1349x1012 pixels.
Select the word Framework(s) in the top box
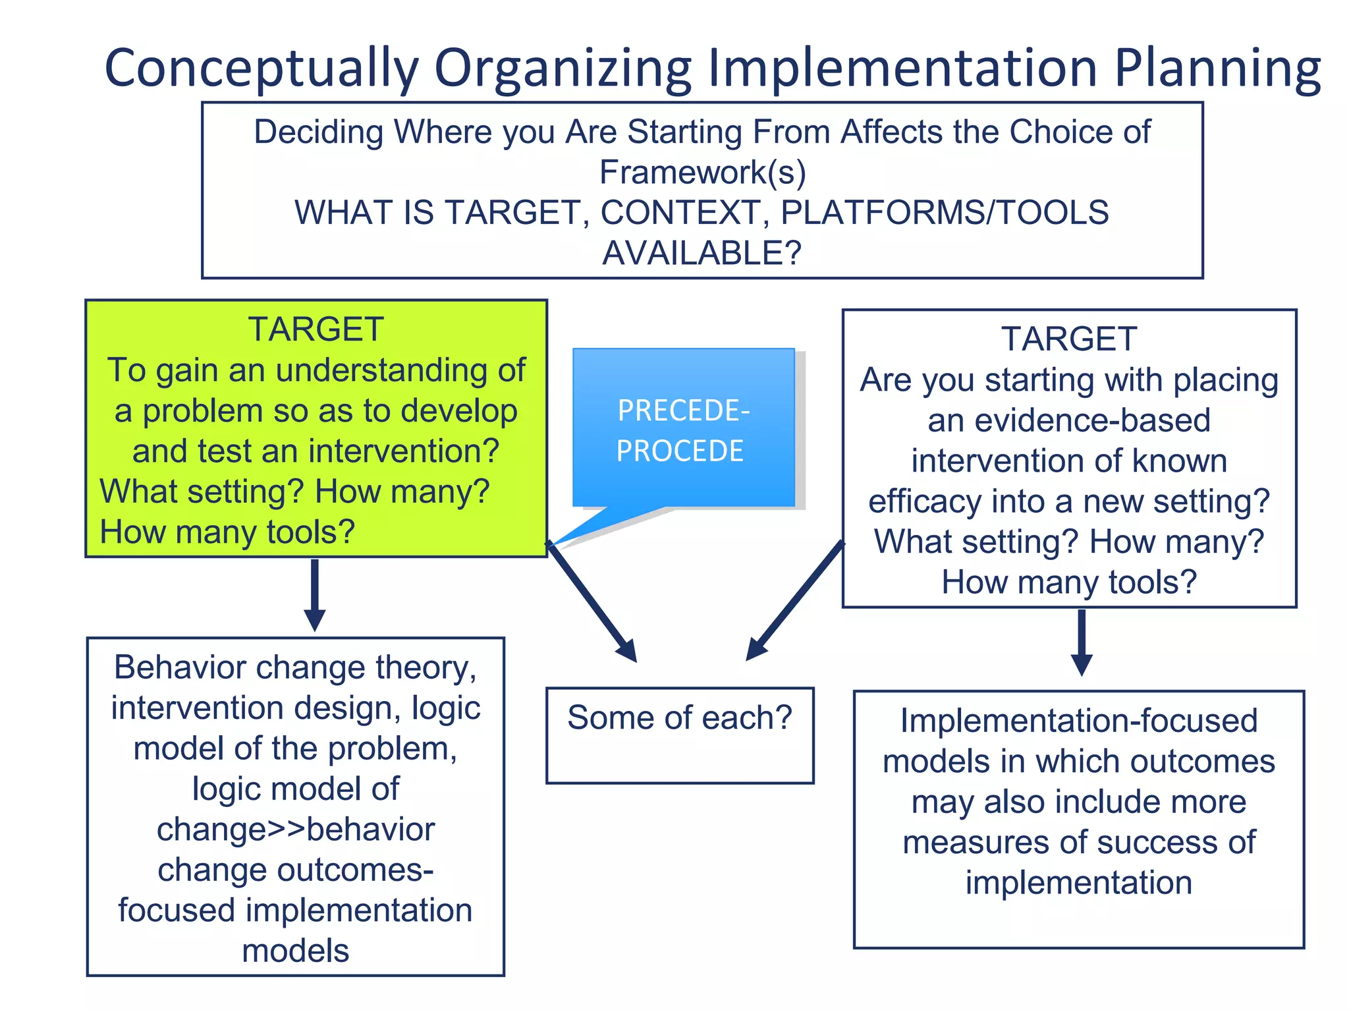pos(702,173)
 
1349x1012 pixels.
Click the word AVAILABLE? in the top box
pos(702,253)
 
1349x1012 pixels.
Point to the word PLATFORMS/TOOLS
pos(945,213)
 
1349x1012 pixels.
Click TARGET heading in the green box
pos(316,329)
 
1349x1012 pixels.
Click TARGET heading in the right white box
pos(1068,339)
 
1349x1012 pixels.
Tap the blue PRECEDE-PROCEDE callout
pos(683,428)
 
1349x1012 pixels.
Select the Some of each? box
pos(680,735)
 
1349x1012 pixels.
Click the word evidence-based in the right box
pos(1068,420)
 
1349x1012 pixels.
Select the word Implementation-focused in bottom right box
pos(1078,721)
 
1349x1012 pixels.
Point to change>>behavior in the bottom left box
pos(296,829)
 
